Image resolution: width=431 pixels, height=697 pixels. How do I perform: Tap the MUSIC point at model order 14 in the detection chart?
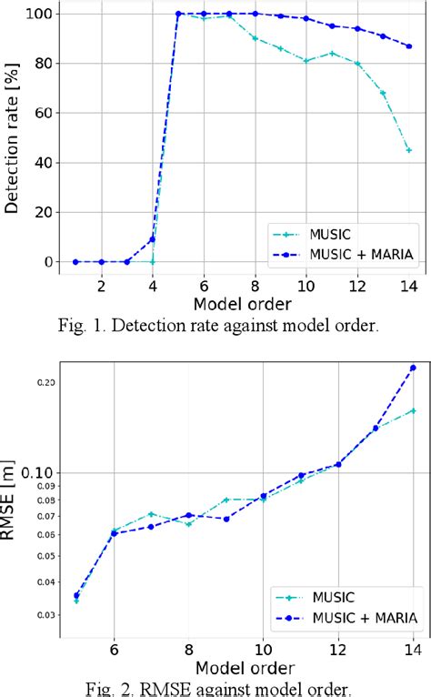tap(408, 150)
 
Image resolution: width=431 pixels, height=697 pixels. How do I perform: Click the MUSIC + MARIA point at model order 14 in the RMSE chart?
tap(413, 368)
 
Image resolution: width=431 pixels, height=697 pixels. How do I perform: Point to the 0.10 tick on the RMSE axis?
tap(37, 472)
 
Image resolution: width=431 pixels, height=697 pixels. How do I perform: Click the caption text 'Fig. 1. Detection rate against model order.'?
tap(215, 324)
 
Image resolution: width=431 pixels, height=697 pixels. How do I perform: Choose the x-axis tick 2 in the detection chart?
tap(102, 284)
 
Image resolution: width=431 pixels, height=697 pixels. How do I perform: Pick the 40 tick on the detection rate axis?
tap(44, 163)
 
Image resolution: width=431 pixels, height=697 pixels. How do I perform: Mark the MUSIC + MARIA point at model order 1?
tap(75, 262)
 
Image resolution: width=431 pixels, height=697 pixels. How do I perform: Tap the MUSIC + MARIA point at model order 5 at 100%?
tap(178, 14)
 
